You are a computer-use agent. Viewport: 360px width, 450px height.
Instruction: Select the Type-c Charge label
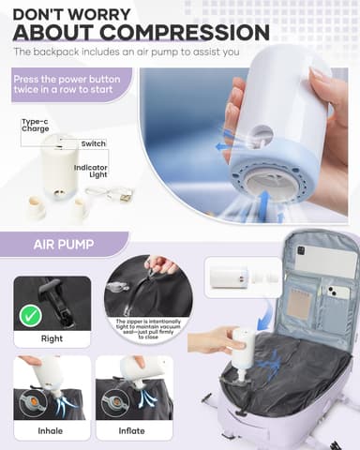pyautogui.click(x=35, y=126)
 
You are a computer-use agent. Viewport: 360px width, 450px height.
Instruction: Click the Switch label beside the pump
pyautogui.click(x=94, y=143)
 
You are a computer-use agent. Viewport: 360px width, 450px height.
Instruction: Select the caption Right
pyautogui.click(x=52, y=339)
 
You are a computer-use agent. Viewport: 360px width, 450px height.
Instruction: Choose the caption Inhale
pyautogui.click(x=52, y=431)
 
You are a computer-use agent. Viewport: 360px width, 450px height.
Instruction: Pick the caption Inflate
pyautogui.click(x=132, y=431)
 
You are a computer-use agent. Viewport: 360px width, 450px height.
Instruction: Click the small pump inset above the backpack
pyautogui.click(x=230, y=278)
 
